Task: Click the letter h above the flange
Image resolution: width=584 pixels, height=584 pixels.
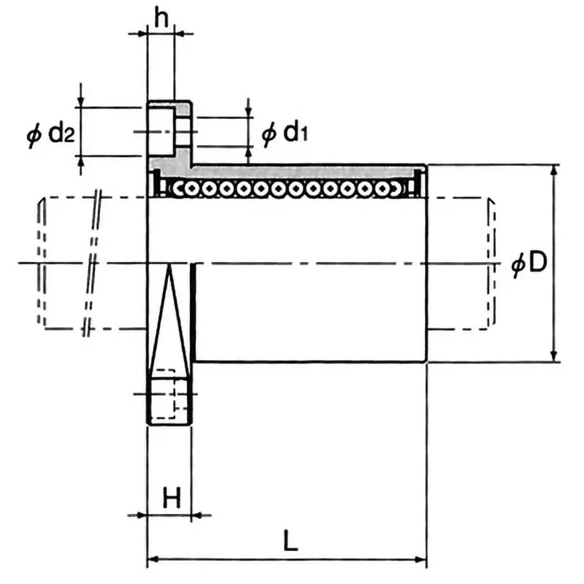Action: pos(161,18)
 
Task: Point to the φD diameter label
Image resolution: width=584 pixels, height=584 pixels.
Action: pos(529,264)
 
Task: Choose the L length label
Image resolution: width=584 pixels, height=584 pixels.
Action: pos(290,541)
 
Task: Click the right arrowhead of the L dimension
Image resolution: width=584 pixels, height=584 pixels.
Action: pos(420,561)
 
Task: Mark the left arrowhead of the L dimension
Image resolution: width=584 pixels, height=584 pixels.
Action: pos(154,561)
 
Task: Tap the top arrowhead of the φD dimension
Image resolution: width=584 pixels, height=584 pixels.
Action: pos(555,172)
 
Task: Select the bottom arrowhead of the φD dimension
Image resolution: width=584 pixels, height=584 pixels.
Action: pos(555,356)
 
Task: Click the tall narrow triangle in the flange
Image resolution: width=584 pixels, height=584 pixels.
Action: pos(169,321)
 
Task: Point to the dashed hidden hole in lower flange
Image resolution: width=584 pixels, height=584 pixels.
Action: pos(166,394)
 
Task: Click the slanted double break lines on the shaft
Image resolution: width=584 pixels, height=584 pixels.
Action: pos(92,263)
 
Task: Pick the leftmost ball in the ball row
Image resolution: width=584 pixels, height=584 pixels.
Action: pos(177,189)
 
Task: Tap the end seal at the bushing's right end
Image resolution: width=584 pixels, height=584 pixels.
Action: pos(420,182)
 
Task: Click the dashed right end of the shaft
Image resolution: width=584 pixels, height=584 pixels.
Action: pos(491,263)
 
